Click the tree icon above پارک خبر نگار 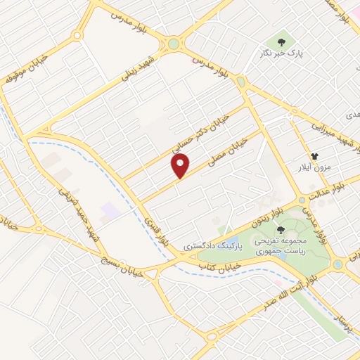tap(281, 42)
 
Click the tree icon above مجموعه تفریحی tap(281, 230)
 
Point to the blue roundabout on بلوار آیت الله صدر tap(338, 264)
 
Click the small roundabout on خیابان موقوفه tap(77, 34)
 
